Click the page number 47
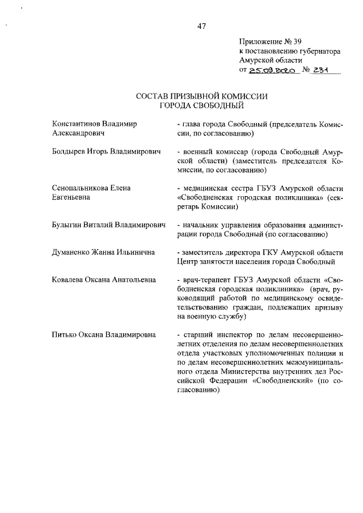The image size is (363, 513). (x=201, y=26)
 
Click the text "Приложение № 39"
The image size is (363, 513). (x=271, y=41)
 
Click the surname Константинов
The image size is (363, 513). (x=78, y=124)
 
